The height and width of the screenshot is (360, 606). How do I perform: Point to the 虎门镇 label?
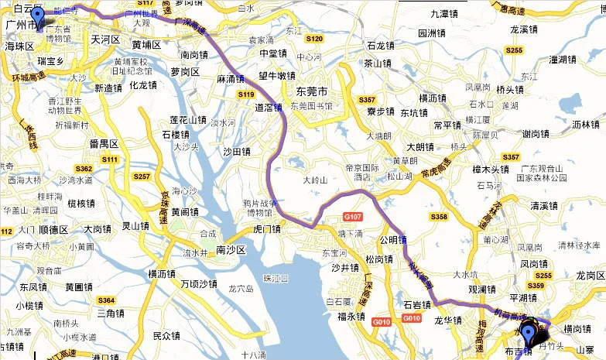click(x=259, y=229)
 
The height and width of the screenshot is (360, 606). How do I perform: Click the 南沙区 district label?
click(x=231, y=251)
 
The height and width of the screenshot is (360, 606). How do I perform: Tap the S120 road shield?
click(x=313, y=38)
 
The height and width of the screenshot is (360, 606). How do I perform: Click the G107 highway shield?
click(x=353, y=217)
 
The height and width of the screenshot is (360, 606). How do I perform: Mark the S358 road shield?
click(x=439, y=217)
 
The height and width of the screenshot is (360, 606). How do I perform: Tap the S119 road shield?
click(x=246, y=94)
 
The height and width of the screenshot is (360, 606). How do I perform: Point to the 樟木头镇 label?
click(x=489, y=169)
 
